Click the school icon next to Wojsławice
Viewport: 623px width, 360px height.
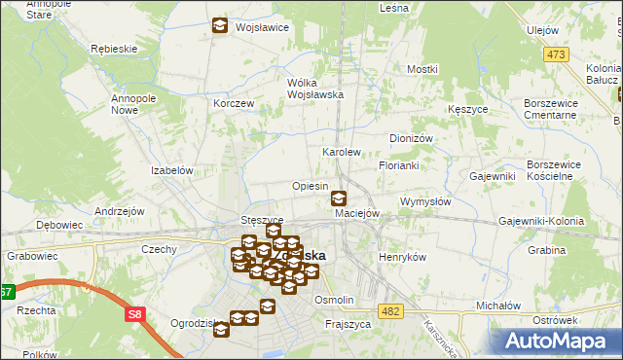pyautogui.click(x=220, y=26)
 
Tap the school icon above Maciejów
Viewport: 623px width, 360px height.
pyautogui.click(x=338, y=198)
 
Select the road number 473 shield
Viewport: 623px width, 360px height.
pyautogui.click(x=556, y=55)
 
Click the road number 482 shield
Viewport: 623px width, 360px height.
pyautogui.click(x=390, y=310)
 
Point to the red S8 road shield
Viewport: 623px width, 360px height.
pyautogui.click(x=134, y=314)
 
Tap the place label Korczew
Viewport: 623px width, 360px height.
pyautogui.click(x=234, y=103)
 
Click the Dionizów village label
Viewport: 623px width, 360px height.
pyautogui.click(x=411, y=138)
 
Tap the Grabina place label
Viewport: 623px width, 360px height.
pyautogui.click(x=547, y=250)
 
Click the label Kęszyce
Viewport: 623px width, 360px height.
pyautogui.click(x=468, y=110)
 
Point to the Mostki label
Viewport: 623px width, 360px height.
pyautogui.click(x=422, y=69)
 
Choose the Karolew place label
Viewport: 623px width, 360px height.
pyautogui.click(x=342, y=153)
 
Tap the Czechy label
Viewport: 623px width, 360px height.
pyautogui.click(x=159, y=249)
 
